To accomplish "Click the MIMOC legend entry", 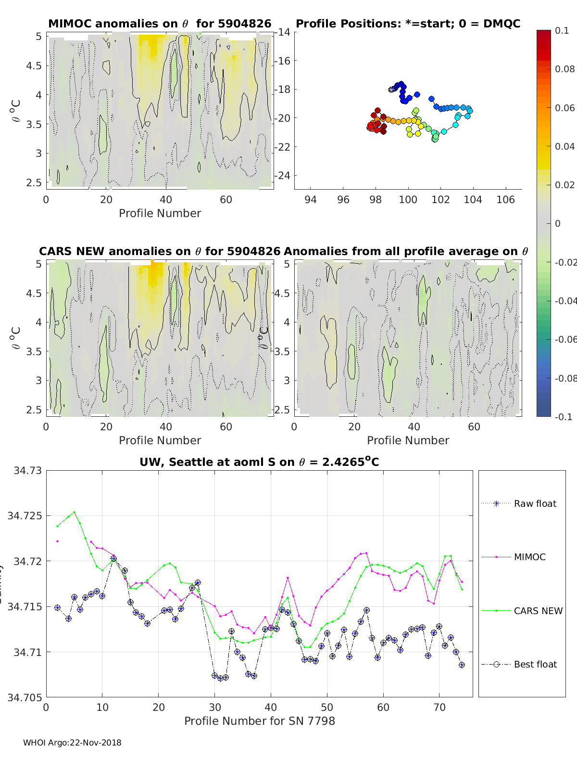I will [529, 557].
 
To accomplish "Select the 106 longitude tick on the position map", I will [505, 200].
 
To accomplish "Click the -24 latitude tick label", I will [283, 175].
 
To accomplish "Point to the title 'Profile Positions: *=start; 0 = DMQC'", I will [408, 24].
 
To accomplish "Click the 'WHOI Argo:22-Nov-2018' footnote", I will [72, 743].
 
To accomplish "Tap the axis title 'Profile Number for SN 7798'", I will [259, 721].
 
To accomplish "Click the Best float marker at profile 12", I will [113, 558].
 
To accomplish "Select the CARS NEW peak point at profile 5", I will [74, 512].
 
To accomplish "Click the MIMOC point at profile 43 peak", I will [288, 578].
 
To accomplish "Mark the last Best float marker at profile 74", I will [462, 665].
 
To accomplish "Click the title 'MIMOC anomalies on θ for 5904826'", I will [160, 24].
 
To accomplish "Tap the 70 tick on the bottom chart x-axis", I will [439, 707].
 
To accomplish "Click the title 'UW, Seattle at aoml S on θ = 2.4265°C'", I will [259, 462].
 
